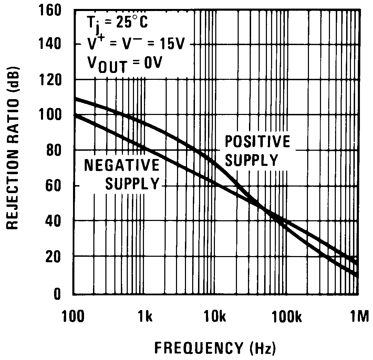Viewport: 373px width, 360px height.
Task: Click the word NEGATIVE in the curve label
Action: pyautogui.click(x=122, y=166)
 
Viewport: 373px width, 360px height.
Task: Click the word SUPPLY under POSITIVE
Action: pyautogui.click(x=251, y=160)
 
